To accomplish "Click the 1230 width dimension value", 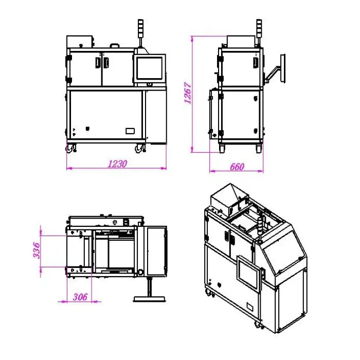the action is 117,164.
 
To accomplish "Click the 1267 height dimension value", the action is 188,93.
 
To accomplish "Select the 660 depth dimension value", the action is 237,167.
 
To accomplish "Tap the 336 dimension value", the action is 37,250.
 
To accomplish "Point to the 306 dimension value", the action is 80,297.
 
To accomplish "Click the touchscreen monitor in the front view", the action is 150,68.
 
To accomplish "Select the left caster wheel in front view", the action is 71,148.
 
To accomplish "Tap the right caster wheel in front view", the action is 140,148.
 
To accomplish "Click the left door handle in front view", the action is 98,62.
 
